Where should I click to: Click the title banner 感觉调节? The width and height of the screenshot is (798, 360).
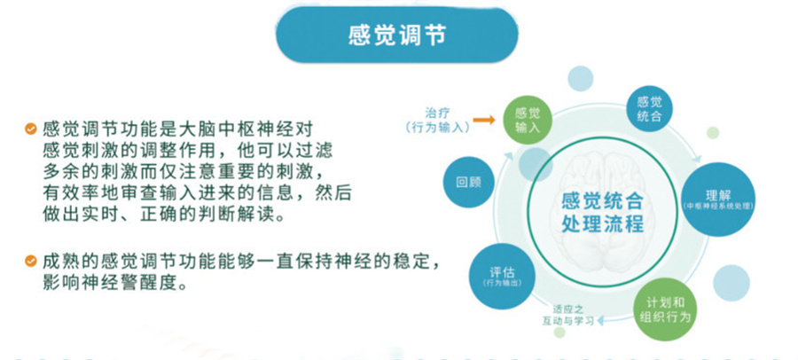397,35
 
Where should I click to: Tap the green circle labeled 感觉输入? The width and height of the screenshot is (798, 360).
528,120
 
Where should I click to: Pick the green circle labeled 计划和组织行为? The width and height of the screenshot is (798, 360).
662,307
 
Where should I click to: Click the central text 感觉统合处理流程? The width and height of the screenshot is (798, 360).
602,211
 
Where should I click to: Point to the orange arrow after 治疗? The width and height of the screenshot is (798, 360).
482,117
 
